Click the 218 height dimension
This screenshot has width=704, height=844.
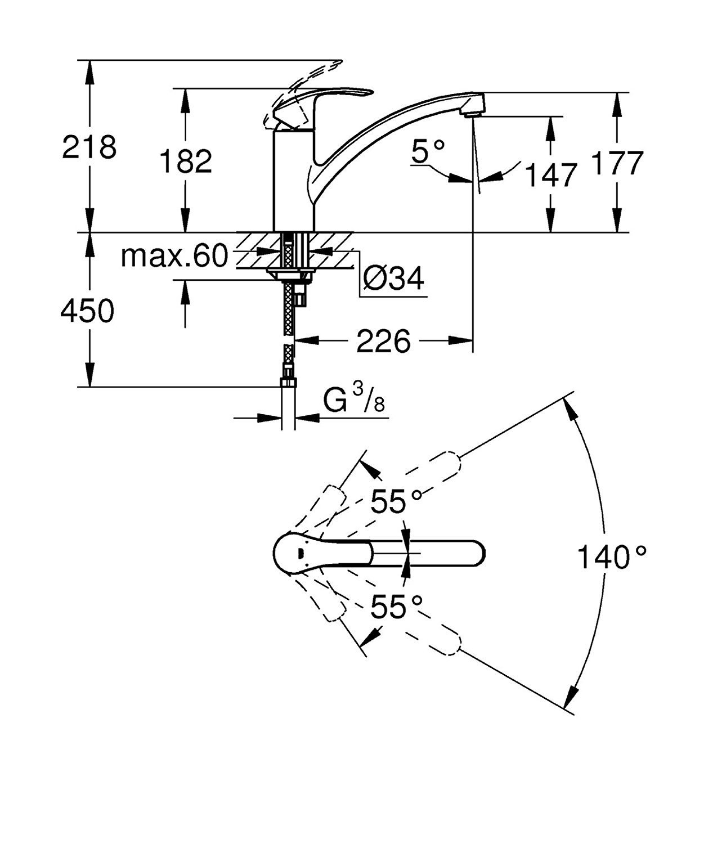pos(89,147)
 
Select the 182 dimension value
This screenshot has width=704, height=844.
pos(186,161)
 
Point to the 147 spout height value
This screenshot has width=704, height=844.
pos(551,175)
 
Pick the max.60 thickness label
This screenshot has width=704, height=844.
pos(174,257)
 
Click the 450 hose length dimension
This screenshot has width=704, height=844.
pos(87,311)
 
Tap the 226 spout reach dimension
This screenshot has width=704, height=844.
pos(384,342)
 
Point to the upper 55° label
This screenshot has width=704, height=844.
pos(396,501)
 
